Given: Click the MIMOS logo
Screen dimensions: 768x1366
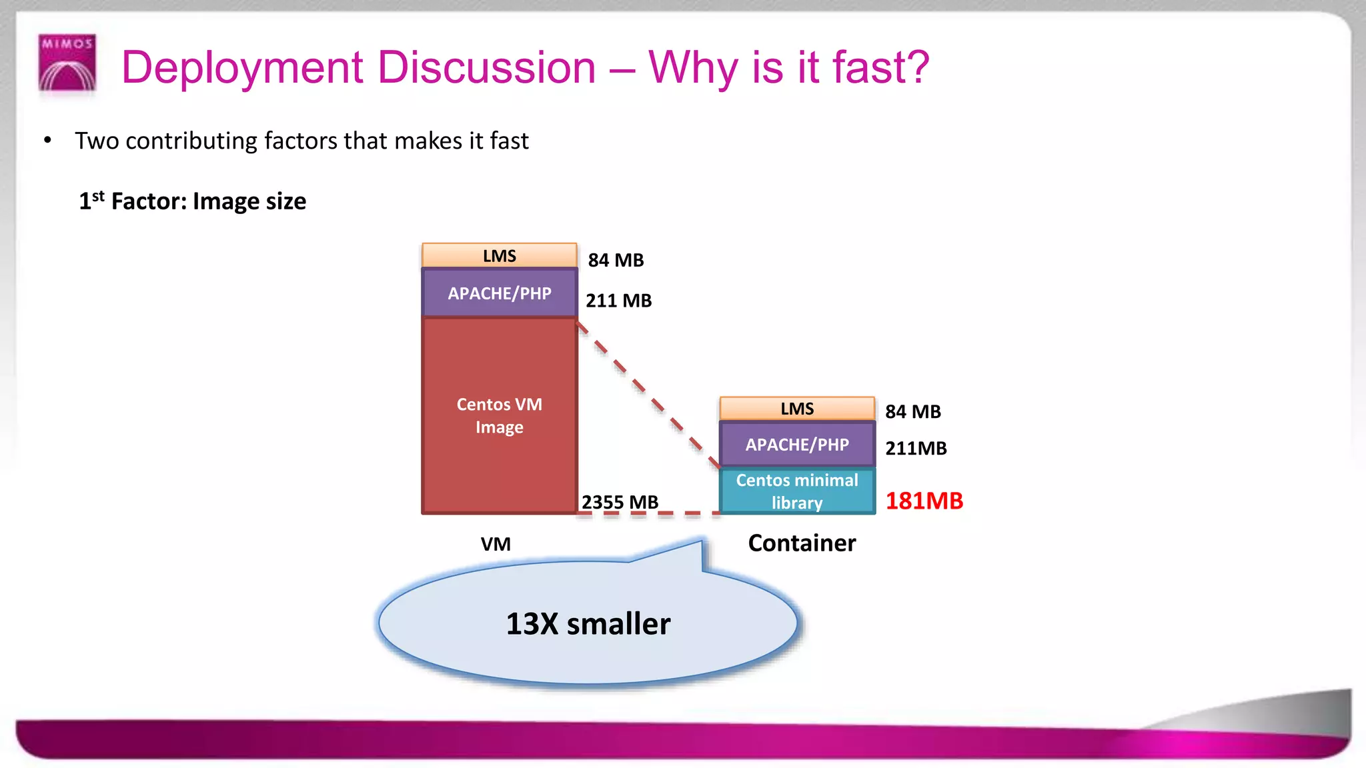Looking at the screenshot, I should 67,63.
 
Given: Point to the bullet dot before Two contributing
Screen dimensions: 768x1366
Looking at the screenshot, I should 47,141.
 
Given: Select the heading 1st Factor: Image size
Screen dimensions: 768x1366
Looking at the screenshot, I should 192,201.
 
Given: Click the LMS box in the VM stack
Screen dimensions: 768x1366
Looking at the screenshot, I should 499,256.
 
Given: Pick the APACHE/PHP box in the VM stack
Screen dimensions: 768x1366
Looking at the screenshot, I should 499,293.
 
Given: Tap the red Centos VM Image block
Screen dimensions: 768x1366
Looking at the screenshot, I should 499,415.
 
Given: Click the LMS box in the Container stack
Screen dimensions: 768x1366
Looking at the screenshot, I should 797,409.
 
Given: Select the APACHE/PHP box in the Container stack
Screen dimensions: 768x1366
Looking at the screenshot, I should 797,445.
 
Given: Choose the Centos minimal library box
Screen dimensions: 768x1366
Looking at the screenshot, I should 797,491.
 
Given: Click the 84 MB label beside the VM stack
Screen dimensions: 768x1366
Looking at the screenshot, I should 616,260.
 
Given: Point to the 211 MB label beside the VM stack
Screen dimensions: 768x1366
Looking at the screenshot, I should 618,301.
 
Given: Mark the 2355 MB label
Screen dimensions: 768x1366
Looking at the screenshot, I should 620,502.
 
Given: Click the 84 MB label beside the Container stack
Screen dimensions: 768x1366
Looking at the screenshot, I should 912,412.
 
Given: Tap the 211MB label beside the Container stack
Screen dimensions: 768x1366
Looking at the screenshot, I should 916,449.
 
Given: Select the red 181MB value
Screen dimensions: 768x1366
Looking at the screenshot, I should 924,501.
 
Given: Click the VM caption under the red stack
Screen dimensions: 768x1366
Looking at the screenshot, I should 496,544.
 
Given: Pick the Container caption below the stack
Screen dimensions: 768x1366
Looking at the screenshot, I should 802,543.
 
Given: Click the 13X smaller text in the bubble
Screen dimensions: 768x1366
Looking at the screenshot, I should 588,624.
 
